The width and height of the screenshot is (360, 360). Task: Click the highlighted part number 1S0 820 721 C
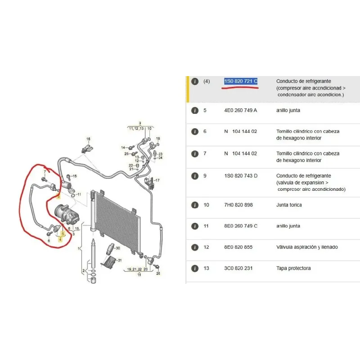coord(241,81)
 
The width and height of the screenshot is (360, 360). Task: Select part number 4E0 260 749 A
coord(241,110)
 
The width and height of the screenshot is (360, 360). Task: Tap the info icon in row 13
coord(194,269)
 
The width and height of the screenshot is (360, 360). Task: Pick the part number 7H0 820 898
coord(238,205)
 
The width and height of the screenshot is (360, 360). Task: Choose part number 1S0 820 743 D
coord(241,175)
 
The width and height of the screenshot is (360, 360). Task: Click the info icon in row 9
coord(194,175)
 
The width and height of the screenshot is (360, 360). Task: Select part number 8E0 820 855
coord(238,247)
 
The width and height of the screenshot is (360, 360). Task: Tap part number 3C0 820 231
coord(238,269)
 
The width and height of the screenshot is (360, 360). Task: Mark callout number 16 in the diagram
coord(88,139)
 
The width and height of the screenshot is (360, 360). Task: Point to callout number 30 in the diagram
coord(118,248)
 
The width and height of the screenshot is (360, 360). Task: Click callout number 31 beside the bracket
coord(120,261)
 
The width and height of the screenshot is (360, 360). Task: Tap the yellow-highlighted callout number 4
coord(60,240)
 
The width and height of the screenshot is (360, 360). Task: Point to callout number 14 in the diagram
coord(123,148)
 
